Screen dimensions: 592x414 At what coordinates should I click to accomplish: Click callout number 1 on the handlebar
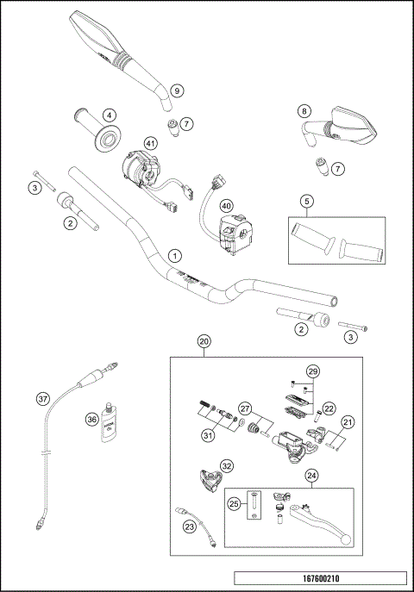coord(175,256)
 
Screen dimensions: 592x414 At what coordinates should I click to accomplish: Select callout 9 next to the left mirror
coord(176,90)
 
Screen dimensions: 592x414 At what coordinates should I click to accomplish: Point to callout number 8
coord(304,110)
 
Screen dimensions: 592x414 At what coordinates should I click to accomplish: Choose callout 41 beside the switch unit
coord(151,143)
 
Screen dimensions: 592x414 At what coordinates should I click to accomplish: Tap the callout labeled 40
coord(226,206)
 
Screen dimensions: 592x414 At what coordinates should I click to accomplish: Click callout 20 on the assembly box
coord(204,341)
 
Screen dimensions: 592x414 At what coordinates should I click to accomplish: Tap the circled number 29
coord(312,371)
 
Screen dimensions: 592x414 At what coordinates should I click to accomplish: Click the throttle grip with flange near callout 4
coord(97,128)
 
